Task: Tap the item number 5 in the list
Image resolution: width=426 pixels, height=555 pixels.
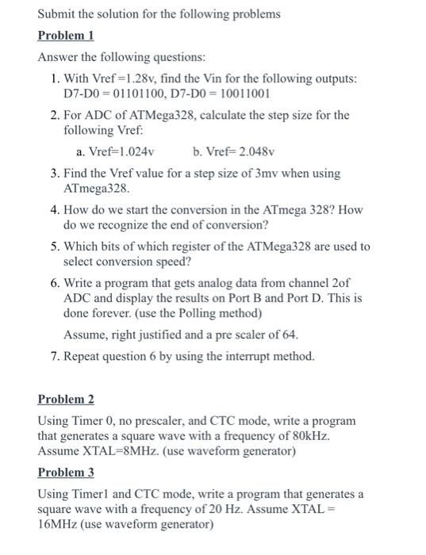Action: tap(52, 247)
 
